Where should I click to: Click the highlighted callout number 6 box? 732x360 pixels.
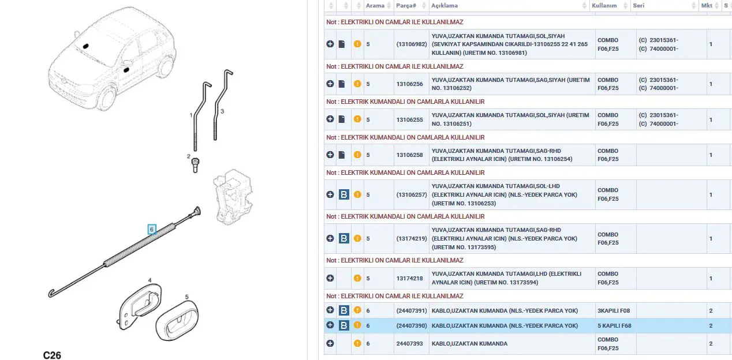coord(152,230)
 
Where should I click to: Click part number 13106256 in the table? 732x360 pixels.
coord(409,84)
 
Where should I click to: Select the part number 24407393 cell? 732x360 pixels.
coord(409,344)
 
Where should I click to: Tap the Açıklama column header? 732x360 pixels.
coord(444,6)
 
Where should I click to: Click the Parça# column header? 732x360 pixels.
coord(406,6)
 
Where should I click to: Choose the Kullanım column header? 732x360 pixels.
coord(604,6)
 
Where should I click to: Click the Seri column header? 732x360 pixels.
coord(638,6)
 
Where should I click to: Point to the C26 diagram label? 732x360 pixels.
coord(52,355)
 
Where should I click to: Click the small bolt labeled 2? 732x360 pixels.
coord(195,165)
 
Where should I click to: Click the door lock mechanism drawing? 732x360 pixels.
coord(233,197)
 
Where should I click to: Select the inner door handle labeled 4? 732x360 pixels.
coord(140,306)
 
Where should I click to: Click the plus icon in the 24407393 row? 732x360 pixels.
coord(330,343)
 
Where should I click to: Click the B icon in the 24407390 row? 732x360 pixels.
coord(344,325)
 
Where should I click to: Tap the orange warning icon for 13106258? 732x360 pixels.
coord(357,155)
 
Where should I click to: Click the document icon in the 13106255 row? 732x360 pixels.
coord(342,119)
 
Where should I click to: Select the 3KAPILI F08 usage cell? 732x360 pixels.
coord(614,310)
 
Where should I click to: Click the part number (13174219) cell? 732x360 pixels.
coord(412,238)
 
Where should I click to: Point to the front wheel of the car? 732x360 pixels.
coord(107,98)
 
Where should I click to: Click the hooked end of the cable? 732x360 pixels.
coord(51,293)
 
